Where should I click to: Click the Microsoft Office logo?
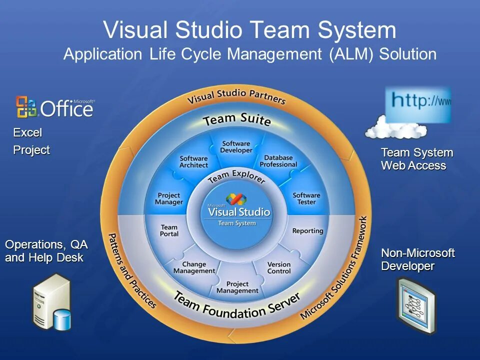(54, 106)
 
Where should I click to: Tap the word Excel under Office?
(27, 133)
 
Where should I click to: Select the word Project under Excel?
(31, 150)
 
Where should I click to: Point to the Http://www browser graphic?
(418, 104)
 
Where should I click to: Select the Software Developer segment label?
(236, 147)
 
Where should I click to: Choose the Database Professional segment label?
(278, 161)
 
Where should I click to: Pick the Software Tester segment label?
(306, 198)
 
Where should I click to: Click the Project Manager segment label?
(169, 199)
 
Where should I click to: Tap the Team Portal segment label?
(169, 230)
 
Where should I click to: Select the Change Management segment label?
(194, 267)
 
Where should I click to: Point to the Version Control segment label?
(279, 267)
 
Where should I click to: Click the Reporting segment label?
(307, 231)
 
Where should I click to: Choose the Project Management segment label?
(237, 287)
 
